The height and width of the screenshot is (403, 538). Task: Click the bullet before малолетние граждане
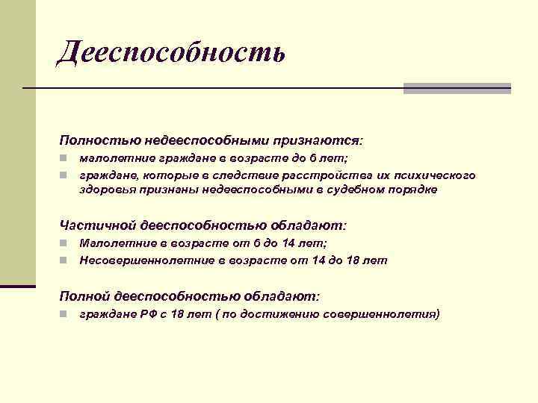point(66,159)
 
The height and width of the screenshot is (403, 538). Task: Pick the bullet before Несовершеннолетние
point(66,260)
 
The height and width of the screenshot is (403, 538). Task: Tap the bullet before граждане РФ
point(66,315)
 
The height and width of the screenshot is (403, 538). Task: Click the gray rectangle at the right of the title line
point(457,88)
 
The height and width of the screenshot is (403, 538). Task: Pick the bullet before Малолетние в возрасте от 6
point(66,243)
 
